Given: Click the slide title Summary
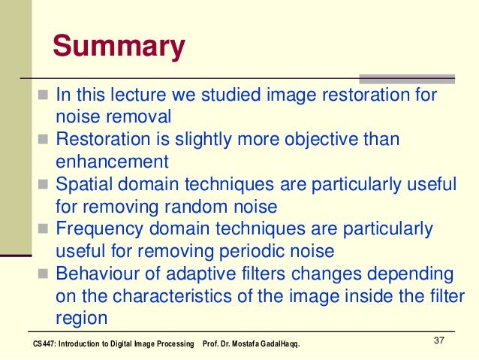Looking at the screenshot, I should pos(119,47).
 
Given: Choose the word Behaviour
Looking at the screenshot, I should pos(97,272).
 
